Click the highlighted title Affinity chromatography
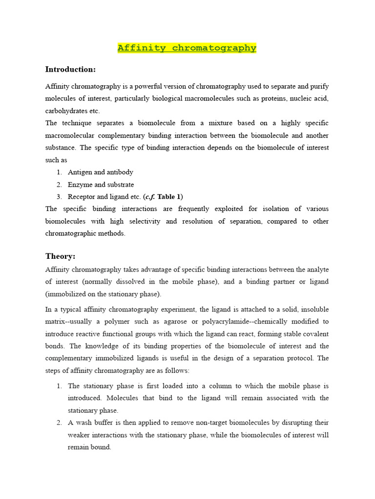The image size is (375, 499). tap(187, 48)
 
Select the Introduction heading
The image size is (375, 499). tap(70, 69)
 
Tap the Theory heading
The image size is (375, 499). tap(61, 256)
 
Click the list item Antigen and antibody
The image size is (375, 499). tap(100, 172)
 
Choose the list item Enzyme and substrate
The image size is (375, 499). tap(101, 185)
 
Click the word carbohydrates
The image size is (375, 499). tap(66, 111)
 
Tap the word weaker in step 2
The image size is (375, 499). tap(80, 435)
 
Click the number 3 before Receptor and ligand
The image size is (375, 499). tap(58, 197)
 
